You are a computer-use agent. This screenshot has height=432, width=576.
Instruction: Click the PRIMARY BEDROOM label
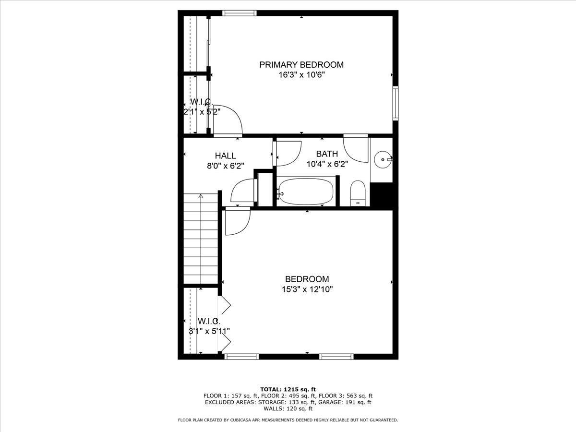(x=301, y=65)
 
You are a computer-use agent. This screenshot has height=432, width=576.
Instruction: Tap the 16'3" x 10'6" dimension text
(x=301, y=75)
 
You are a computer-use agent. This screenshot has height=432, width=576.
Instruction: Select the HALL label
(x=226, y=156)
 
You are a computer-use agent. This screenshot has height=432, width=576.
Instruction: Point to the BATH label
(x=327, y=154)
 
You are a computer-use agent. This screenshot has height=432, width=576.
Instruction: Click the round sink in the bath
(x=383, y=159)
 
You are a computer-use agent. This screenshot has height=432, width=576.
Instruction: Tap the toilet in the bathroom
(x=358, y=193)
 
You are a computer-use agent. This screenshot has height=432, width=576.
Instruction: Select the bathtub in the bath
(x=306, y=192)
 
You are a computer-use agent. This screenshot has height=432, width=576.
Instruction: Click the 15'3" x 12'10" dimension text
(x=307, y=289)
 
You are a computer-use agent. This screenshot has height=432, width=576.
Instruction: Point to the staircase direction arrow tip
(x=201, y=194)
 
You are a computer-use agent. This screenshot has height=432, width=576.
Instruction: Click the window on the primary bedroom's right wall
(x=396, y=103)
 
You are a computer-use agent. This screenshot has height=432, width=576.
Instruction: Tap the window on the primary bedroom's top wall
(x=240, y=13)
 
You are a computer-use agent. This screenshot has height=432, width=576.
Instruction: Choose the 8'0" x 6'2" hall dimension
(x=226, y=166)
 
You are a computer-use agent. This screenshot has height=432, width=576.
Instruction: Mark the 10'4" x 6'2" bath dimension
(x=327, y=164)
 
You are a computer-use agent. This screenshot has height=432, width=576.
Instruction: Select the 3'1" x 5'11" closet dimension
(x=209, y=331)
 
